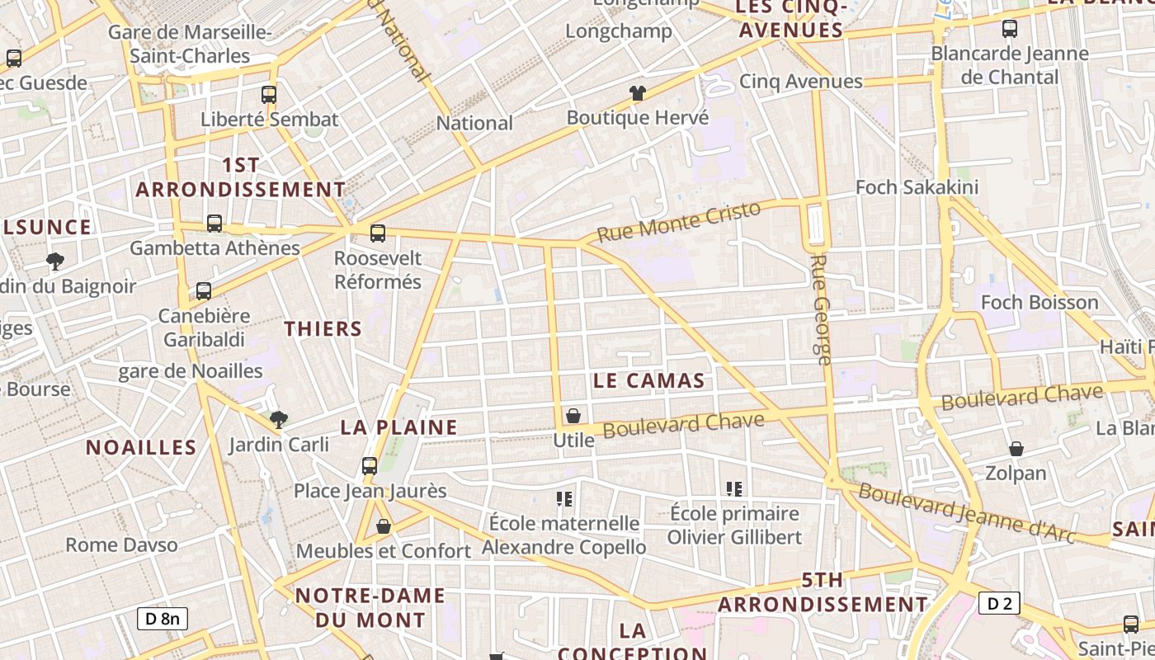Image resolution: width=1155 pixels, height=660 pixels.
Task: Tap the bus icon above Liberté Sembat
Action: point(268,95)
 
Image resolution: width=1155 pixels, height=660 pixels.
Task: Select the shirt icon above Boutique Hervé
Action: point(638,93)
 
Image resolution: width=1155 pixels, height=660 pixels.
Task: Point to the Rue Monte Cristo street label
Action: point(678,221)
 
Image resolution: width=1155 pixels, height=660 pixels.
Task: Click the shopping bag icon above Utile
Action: point(573,416)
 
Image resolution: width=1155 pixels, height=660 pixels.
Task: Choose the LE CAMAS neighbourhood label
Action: point(649,380)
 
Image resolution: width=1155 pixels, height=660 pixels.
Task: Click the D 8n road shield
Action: point(163,619)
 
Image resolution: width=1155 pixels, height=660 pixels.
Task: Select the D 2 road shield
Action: point(999,604)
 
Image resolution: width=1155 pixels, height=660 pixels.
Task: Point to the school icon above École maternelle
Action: point(564,498)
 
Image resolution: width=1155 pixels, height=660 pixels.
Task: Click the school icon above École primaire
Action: point(734,489)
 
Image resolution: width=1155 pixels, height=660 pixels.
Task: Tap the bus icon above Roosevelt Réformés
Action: point(378,233)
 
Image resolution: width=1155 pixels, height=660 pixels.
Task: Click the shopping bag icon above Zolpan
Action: point(1016,449)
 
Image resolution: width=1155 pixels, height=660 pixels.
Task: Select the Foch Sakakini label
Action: point(917,187)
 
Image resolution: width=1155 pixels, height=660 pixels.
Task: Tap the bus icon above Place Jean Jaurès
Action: point(370,466)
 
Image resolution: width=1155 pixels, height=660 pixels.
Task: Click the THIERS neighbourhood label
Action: point(323,329)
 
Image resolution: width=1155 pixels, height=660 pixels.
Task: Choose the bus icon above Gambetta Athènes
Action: point(214,224)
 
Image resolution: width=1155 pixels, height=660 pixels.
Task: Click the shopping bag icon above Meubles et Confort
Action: point(384,526)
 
